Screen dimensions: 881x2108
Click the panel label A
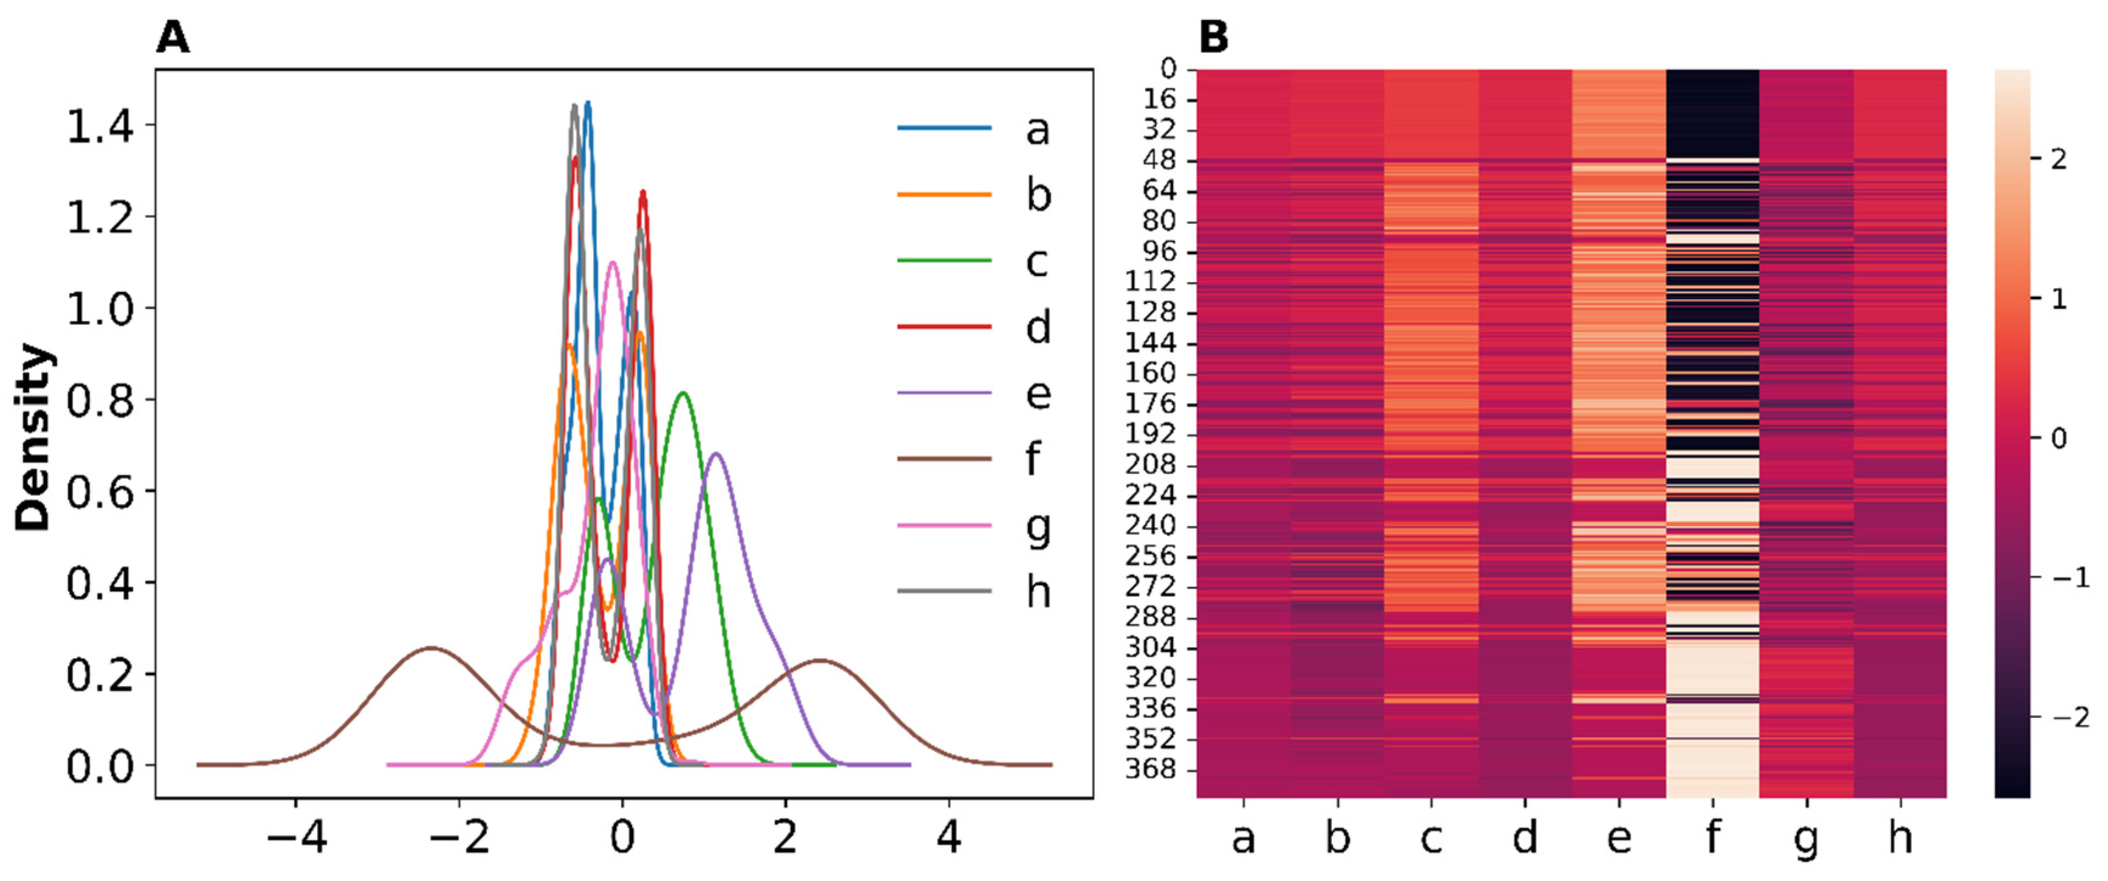point(172,38)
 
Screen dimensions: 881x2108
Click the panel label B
point(1213,38)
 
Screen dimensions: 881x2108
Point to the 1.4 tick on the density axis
point(99,127)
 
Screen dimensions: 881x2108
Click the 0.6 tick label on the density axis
point(99,492)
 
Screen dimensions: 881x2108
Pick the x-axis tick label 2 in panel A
point(785,837)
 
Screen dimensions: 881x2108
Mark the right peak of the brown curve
point(818,660)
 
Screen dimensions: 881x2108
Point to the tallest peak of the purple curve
point(716,454)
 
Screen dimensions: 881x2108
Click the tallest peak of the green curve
point(683,394)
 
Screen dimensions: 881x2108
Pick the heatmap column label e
point(1618,837)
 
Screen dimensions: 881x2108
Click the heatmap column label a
point(1243,837)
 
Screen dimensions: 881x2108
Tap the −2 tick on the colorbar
point(2070,718)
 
